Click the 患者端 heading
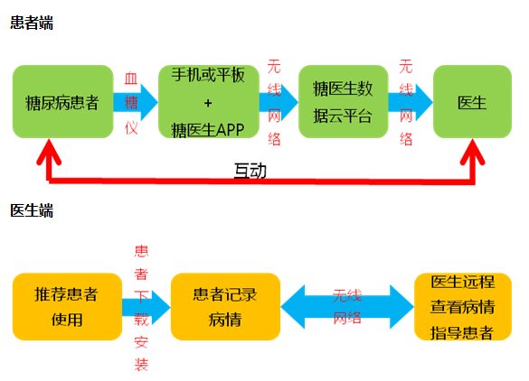32,23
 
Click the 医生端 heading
32,210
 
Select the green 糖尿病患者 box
62,102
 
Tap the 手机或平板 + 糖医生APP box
209,102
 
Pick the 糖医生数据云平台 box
343,102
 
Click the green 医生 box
472,102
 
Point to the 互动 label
250,171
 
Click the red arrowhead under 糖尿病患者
49,153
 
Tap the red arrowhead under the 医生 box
473,153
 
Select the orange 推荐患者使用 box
67,307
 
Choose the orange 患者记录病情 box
225,307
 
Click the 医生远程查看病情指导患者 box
463,307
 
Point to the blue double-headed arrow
347,307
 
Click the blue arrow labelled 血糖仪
136,102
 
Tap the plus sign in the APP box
208,103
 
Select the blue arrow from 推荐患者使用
146,307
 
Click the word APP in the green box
230,130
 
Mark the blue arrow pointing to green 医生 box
411,102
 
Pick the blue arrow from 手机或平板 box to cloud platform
279,102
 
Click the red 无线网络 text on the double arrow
347,307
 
